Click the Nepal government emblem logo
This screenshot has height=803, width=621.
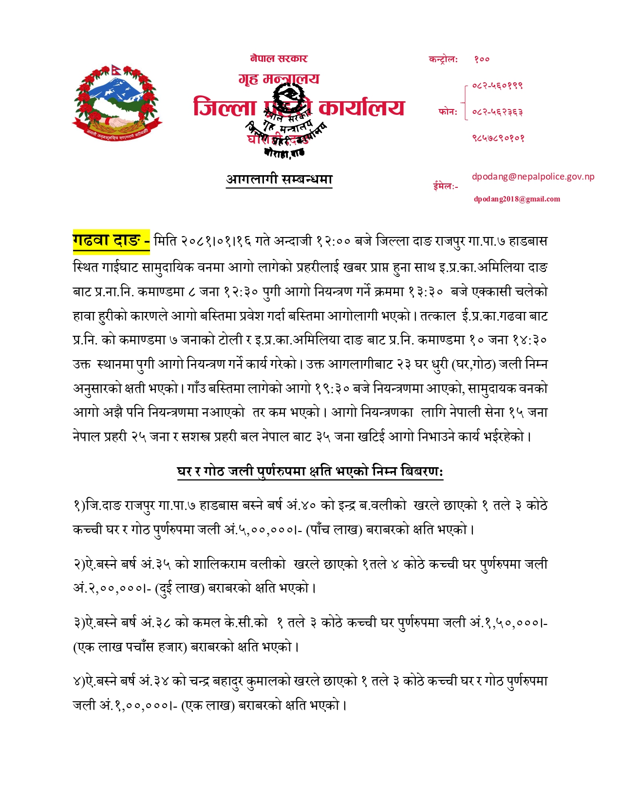pyautogui.click(x=117, y=101)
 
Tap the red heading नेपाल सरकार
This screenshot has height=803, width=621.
pyautogui.click(x=279, y=59)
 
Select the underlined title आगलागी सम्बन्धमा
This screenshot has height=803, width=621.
pyautogui.click(x=279, y=180)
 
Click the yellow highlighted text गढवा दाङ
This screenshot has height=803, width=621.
pyautogui.click(x=111, y=241)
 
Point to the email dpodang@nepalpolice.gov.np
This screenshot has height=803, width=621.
pyautogui.click(x=533, y=177)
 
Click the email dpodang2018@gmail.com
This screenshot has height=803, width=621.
pyautogui.click(x=517, y=199)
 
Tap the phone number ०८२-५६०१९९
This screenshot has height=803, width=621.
pyautogui.click(x=497, y=86)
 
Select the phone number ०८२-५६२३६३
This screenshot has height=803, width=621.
pyautogui.click(x=497, y=112)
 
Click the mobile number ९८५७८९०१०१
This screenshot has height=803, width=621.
pyautogui.click(x=498, y=138)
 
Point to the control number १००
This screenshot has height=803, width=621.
pyautogui.click(x=482, y=59)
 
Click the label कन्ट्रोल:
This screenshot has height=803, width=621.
pyautogui.click(x=443, y=59)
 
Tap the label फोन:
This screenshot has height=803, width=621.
pyautogui.click(x=448, y=112)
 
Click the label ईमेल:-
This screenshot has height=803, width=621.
pyautogui.click(x=445, y=186)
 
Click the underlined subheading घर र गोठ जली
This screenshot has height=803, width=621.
pyautogui.click(x=310, y=471)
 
